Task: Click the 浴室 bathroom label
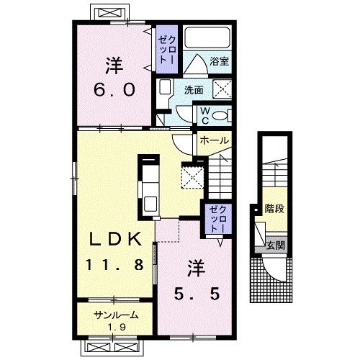(x=219, y=61)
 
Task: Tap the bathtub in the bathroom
(x=207, y=37)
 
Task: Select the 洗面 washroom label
(x=194, y=90)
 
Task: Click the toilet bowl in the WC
(x=219, y=115)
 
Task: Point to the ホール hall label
(x=214, y=140)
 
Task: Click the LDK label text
(x=115, y=239)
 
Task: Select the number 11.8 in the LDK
(x=114, y=264)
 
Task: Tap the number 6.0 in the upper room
(x=114, y=89)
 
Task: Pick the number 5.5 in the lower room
(x=197, y=294)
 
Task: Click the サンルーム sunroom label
(x=117, y=315)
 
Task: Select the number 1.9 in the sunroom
(x=117, y=327)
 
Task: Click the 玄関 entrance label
(x=276, y=246)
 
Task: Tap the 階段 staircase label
(x=274, y=209)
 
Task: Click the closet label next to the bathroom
(x=167, y=50)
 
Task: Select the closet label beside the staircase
(x=217, y=219)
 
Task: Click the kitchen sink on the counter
(x=150, y=204)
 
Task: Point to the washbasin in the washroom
(x=165, y=87)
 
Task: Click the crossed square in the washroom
(x=222, y=89)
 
